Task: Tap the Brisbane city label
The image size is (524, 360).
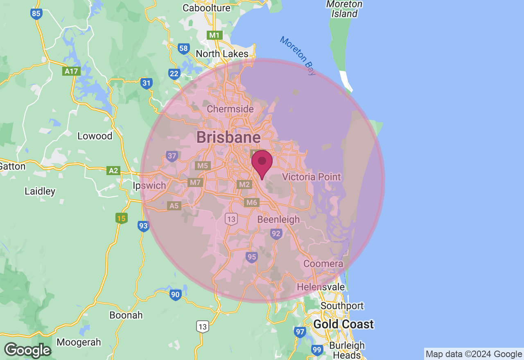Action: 228,137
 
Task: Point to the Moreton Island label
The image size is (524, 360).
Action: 344,9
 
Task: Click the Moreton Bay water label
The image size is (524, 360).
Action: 298,56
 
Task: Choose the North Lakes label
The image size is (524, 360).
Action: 222,54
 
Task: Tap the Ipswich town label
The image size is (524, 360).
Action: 149,186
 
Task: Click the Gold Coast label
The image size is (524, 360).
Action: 343,324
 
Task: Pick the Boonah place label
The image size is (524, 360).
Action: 126,315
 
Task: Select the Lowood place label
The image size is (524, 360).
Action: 95,136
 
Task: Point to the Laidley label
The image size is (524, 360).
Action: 40,191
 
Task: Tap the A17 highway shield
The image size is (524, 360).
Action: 71,71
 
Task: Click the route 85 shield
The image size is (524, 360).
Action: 36,14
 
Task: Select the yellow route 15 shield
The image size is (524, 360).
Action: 121,218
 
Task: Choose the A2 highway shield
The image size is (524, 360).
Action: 113,170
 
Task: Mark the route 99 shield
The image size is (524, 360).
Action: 316,350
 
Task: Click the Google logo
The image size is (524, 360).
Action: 27,350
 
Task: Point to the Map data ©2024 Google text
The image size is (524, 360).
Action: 474,354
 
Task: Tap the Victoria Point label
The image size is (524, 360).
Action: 312,177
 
